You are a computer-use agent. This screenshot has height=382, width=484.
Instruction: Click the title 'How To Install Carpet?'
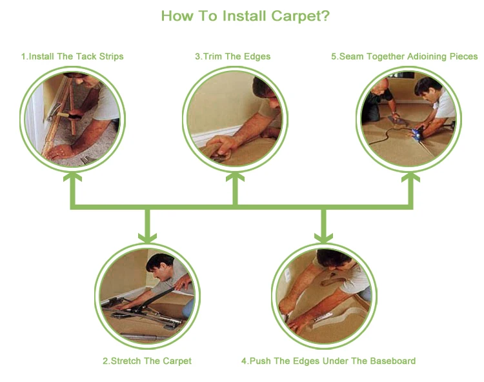click(x=245, y=16)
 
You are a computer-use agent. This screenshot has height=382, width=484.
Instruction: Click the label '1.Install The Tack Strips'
click(x=72, y=57)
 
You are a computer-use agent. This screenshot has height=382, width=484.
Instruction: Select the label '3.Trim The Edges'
click(x=233, y=57)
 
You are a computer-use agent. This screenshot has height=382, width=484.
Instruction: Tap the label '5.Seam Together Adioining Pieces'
click(x=405, y=57)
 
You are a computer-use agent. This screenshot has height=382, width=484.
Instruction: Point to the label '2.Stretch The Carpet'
click(x=147, y=361)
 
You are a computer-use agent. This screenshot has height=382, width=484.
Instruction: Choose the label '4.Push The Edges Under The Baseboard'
click(x=328, y=361)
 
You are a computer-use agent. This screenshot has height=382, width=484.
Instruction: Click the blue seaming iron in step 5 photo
click(x=418, y=133)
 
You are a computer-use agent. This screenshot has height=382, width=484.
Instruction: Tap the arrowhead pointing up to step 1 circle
click(x=72, y=177)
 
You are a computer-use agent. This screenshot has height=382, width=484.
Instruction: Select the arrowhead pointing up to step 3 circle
click(x=235, y=177)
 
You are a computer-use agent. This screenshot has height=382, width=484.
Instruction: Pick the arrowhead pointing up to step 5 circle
click(x=410, y=177)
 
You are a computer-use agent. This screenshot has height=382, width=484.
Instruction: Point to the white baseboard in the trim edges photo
click(x=216, y=134)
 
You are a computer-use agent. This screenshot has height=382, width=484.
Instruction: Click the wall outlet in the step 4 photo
click(x=288, y=275)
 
